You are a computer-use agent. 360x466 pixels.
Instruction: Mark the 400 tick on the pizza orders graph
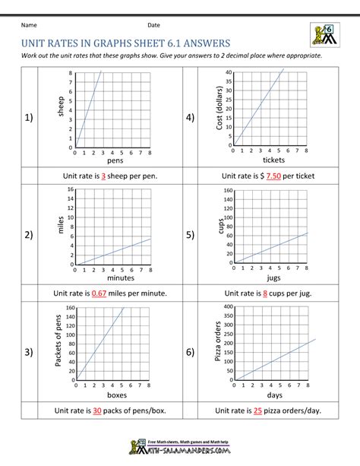[x=226, y=307]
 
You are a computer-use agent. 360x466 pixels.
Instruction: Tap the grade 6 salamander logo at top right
[x=324, y=34]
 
